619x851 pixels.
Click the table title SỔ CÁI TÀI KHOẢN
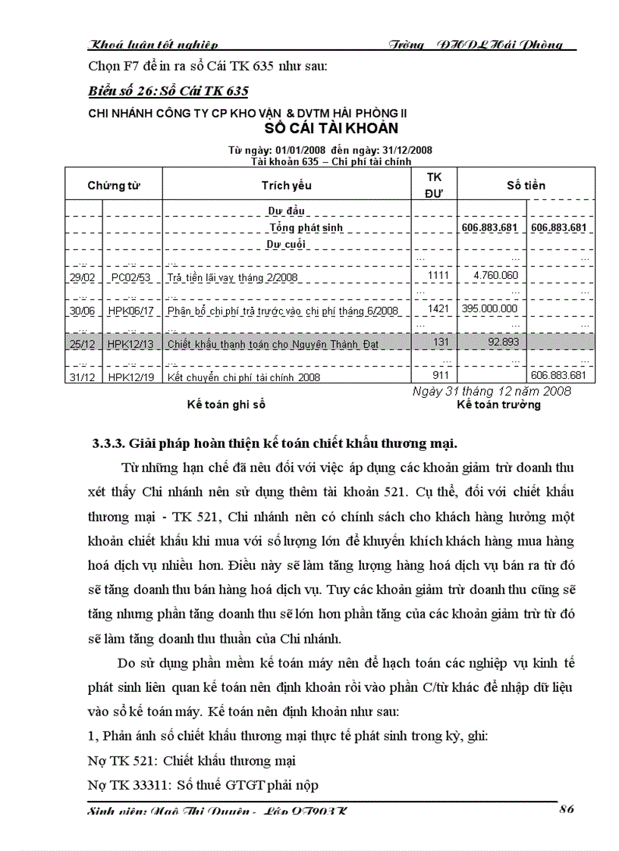pos(331,127)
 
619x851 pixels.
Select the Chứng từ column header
pos(114,185)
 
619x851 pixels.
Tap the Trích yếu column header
pos(287,185)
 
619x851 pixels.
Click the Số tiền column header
pos(526,185)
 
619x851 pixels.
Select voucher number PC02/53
pos(130,277)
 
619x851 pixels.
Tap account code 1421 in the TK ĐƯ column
pos(438,309)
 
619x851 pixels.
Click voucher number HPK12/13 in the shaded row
pos(130,344)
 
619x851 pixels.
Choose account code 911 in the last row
pos(438,376)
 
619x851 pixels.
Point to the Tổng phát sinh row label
pos(306,227)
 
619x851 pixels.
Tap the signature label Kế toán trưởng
pos(498,405)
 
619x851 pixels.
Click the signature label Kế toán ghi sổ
pos(226,405)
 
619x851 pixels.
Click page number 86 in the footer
pos(566,809)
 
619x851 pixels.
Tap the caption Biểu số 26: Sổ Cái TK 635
pos(168,92)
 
